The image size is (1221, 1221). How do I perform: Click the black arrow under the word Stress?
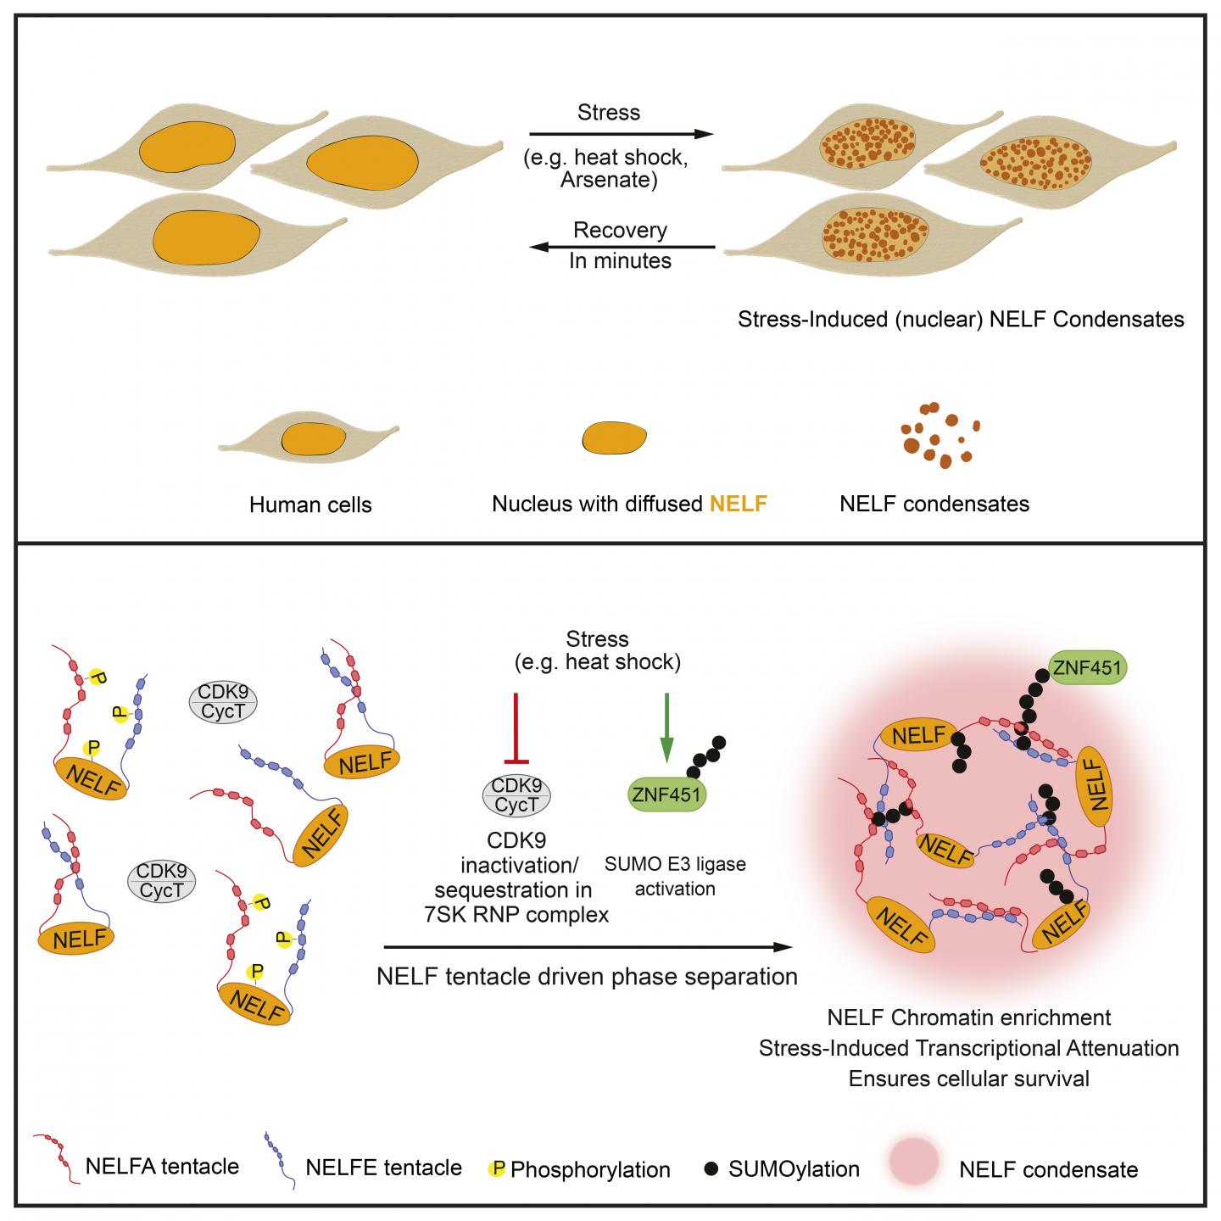tap(620, 134)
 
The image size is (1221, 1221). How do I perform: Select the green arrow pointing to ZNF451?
tap(667, 727)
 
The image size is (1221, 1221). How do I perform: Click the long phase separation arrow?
tap(590, 947)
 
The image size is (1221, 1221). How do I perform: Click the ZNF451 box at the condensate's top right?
tap(1087, 668)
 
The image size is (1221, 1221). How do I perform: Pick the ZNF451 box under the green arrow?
tap(667, 794)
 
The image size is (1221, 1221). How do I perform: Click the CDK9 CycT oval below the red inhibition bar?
tap(516, 797)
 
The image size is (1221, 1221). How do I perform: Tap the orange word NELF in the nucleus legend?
tap(738, 505)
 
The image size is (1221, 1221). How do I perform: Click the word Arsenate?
tap(608, 180)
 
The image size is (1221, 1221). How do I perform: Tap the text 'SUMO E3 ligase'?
tap(675, 865)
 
